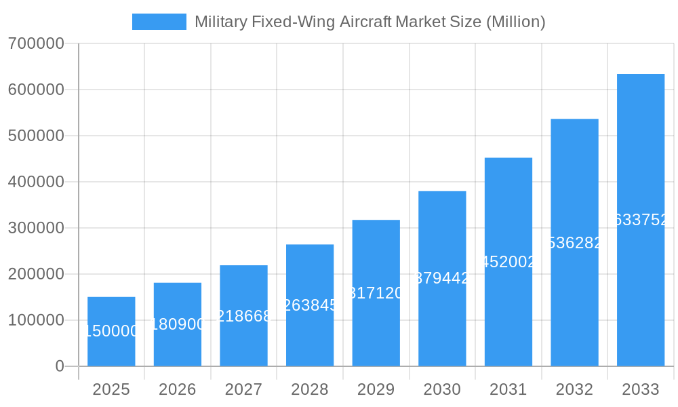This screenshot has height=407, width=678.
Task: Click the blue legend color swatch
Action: pos(159,22)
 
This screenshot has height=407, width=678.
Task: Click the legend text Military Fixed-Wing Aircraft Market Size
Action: pos(370,22)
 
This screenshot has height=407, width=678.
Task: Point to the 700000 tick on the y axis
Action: pos(36,43)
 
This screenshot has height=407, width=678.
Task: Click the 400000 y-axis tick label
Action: pos(36,182)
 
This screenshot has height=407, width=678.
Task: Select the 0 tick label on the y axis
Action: pos(59,366)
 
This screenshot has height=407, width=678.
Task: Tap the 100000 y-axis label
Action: pos(36,320)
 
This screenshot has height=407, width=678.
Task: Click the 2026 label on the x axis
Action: pos(178,389)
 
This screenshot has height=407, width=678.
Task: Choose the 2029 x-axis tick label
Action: pos(376,389)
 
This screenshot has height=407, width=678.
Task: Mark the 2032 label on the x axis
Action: pos(574,389)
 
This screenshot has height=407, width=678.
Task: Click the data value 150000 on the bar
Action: pos(111,331)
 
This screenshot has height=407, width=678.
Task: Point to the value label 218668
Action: pos(243,316)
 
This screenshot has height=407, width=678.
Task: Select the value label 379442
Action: pos(442,278)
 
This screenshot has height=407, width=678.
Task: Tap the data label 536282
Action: pos(574,243)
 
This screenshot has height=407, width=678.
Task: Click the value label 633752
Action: pos(641,220)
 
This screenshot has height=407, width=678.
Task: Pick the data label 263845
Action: pos(310,305)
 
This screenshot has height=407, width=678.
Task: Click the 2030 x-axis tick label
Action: pos(442,389)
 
